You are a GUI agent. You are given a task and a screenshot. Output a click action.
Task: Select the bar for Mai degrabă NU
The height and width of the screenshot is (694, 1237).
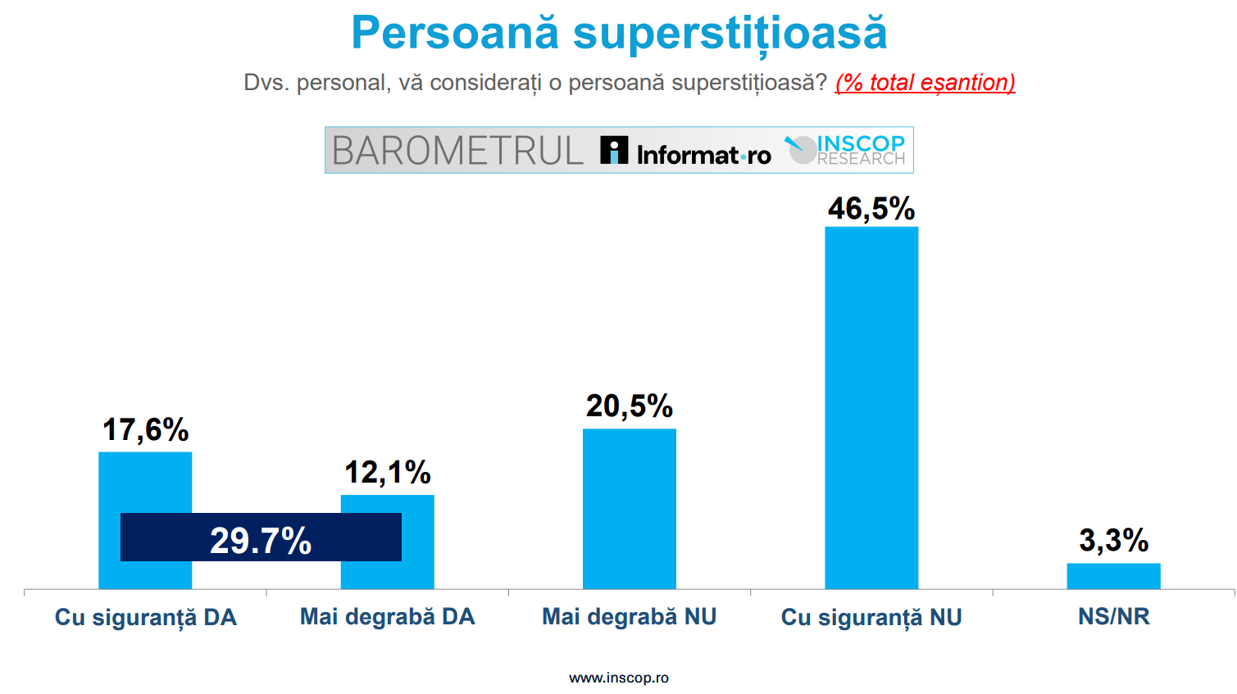(630, 508)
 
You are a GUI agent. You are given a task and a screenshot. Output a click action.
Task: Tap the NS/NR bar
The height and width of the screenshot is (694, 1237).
(1113, 576)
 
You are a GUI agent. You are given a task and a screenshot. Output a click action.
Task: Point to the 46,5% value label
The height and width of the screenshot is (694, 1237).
(871, 209)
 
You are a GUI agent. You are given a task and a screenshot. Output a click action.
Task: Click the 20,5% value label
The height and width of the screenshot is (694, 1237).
(630, 406)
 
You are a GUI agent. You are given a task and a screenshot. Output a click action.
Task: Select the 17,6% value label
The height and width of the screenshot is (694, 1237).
(145, 430)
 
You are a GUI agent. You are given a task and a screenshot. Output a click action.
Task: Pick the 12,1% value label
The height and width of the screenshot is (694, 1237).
(388, 473)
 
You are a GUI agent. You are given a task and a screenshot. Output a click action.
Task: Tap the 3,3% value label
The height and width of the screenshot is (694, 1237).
(1113, 541)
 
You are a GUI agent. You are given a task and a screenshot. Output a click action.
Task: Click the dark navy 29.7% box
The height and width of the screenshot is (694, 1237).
(261, 538)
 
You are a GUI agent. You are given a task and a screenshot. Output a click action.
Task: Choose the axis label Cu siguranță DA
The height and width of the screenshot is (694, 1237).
(145, 618)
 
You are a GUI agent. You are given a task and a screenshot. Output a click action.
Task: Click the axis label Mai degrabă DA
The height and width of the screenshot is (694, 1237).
(388, 617)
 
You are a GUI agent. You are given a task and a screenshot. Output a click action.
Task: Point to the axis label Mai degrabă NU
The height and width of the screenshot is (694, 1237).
(630, 617)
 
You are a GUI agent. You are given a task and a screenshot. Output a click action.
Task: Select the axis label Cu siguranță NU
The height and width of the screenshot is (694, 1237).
(871, 618)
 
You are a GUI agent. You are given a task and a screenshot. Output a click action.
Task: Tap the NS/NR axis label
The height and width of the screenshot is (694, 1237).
(1113, 617)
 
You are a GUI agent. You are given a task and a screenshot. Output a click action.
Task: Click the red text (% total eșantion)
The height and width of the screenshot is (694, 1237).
(925, 83)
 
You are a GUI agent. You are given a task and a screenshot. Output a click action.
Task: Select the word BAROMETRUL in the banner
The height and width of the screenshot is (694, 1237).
(457, 151)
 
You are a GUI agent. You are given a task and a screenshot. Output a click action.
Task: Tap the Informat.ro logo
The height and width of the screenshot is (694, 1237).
(685, 152)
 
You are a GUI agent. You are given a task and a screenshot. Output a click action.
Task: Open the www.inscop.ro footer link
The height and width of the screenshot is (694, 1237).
(619, 678)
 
